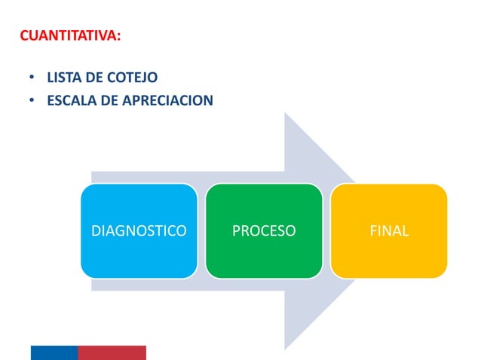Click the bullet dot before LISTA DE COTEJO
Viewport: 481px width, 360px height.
click(32, 79)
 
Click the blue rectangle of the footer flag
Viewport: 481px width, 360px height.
click(54, 353)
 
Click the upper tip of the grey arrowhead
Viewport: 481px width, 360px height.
click(286, 115)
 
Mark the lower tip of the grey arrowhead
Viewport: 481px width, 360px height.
click(286, 347)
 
